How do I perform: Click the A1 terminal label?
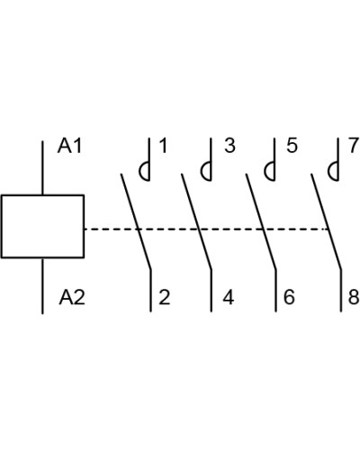pyautogui.click(x=69, y=146)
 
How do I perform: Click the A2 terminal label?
pyautogui.click(x=72, y=297)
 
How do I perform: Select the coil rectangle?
pyautogui.click(x=42, y=226)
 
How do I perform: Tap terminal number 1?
pyautogui.click(x=163, y=146)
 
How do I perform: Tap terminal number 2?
pyautogui.click(x=165, y=297)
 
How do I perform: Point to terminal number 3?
pyautogui.click(x=229, y=146)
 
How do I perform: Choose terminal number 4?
pyautogui.click(x=229, y=297)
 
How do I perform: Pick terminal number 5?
pyautogui.click(x=292, y=146)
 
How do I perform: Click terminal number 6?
pyautogui.click(x=289, y=297)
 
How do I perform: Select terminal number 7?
pyautogui.click(x=355, y=146)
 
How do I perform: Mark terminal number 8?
pyautogui.click(x=354, y=297)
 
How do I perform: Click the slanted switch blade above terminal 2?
pyautogui.click(x=136, y=221)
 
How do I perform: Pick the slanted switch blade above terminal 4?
pyautogui.click(x=196, y=221)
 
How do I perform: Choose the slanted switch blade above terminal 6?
pyautogui.click(x=261, y=221)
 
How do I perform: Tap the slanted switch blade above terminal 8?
pyautogui.click(x=327, y=221)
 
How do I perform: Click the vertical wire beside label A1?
pyautogui.click(x=42, y=168)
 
